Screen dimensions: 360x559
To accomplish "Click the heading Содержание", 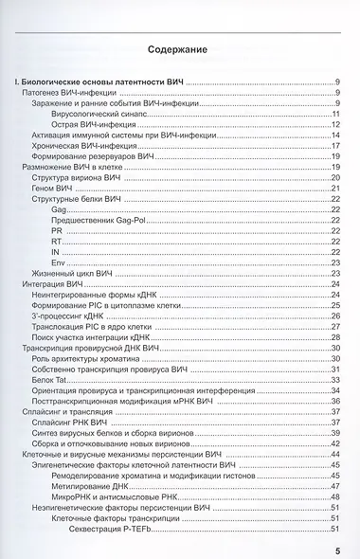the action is [179, 48].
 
